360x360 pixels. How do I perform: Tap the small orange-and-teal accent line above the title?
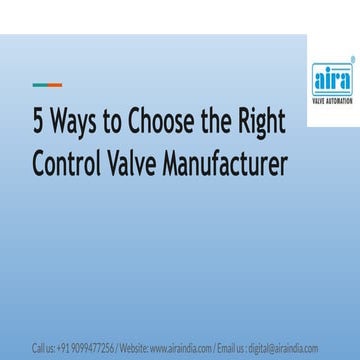pos(47,84)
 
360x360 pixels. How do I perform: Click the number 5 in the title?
pos(39,123)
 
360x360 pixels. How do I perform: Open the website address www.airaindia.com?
pos(181,348)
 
